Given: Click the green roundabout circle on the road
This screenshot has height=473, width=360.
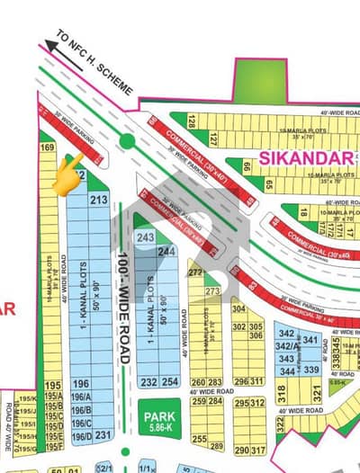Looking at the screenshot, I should pos(127,141).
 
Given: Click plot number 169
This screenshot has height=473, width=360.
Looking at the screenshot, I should pos(49,147).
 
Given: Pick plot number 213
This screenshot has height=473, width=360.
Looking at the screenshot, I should pos(100,200).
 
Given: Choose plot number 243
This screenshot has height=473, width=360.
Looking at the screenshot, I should pos(144,236).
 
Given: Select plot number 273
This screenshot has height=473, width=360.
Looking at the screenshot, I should pos(212,291).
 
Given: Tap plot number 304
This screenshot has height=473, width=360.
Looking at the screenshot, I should pos(238,308).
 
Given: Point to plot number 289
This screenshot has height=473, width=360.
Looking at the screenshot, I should pos(217,445).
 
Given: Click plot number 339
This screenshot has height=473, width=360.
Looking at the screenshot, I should pos(311,370).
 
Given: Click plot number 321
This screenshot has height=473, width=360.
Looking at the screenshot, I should pos(317,393).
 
